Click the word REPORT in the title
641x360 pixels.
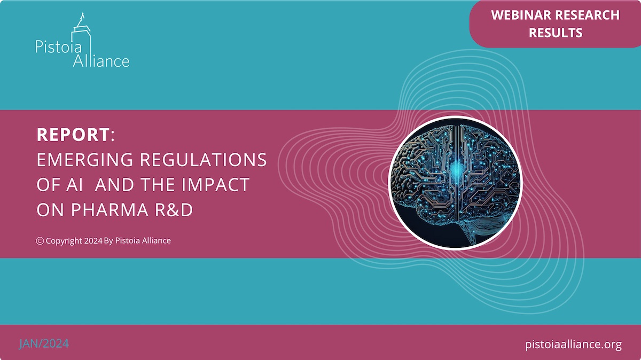pyautogui.click(x=73, y=134)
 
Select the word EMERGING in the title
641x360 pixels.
pyautogui.click(x=85, y=160)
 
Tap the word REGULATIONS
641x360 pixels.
pyautogui.click(x=203, y=160)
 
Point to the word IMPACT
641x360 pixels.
pyautogui.click(x=215, y=185)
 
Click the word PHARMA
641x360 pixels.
pyautogui.click(x=110, y=210)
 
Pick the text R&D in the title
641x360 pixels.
pyautogui.click(x=174, y=210)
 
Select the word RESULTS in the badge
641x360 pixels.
pyautogui.click(x=556, y=33)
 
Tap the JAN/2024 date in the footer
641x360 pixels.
pyautogui.click(x=44, y=343)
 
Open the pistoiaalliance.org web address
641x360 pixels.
pyautogui.click(x=573, y=345)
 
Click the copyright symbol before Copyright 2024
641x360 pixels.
pyautogui.click(x=40, y=241)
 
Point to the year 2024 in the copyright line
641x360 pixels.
pyautogui.click(x=93, y=241)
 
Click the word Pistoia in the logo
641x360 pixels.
pyautogui.click(x=59, y=46)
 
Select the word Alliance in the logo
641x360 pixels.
pyautogui.click(x=101, y=61)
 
